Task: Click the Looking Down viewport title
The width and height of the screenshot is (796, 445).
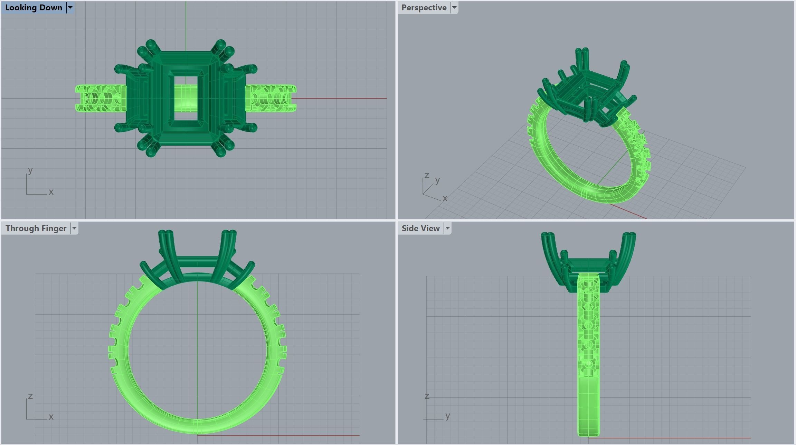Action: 34,8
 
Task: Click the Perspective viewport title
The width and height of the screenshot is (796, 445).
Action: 424,8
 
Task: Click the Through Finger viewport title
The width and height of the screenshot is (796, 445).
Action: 36,228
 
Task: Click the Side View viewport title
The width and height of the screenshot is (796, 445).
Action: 420,228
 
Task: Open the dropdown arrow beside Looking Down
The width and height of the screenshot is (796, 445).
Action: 70,8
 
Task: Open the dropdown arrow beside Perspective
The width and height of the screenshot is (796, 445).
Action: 454,8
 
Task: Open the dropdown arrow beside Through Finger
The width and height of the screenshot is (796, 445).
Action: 74,228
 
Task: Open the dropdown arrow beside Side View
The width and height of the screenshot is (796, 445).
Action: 447,228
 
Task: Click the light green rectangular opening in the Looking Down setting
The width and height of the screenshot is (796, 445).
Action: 186,98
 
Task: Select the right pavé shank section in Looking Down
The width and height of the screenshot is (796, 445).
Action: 271,99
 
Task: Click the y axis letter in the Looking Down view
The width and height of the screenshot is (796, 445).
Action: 30,170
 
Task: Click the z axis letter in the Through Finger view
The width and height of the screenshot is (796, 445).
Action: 30,396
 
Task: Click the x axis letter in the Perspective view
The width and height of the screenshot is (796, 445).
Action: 445,198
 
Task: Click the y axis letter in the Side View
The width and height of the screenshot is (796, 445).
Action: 448,416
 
